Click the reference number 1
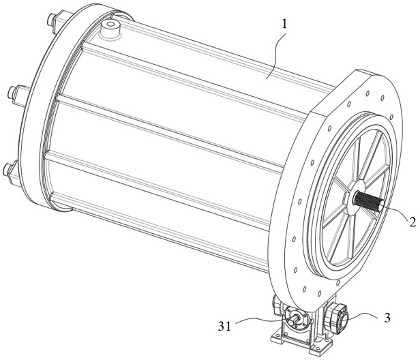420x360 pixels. pyautogui.click(x=284, y=25)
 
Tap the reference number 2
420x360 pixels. pyautogui.click(x=412, y=222)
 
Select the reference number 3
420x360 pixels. pyautogui.click(x=387, y=318)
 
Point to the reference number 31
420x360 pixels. pyautogui.click(x=224, y=326)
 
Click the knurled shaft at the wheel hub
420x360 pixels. pyautogui.click(x=370, y=201)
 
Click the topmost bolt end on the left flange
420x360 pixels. pyautogui.click(x=51, y=20)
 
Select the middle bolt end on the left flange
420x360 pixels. pyautogui.click(x=13, y=92)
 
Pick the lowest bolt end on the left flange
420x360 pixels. pyautogui.click(x=7, y=170)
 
